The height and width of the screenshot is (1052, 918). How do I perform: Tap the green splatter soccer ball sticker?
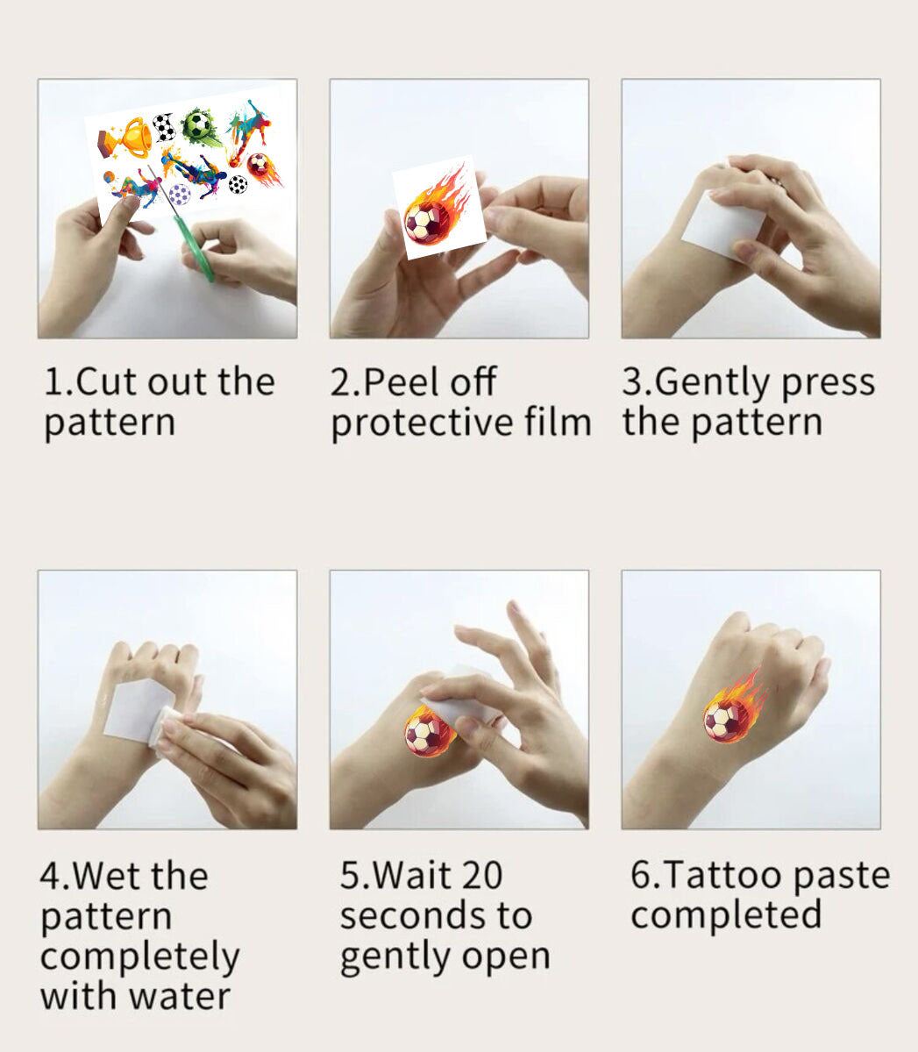(x=199, y=126)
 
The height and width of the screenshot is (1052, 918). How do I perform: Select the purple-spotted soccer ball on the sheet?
(x=179, y=193)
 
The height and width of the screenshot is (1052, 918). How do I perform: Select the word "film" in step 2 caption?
(x=559, y=423)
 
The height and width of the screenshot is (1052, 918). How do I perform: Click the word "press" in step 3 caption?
(x=828, y=383)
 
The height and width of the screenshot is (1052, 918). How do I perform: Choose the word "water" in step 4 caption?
(x=181, y=996)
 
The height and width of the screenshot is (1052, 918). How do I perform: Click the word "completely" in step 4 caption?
(x=139, y=956)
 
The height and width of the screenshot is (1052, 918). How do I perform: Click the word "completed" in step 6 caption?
(x=726, y=915)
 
